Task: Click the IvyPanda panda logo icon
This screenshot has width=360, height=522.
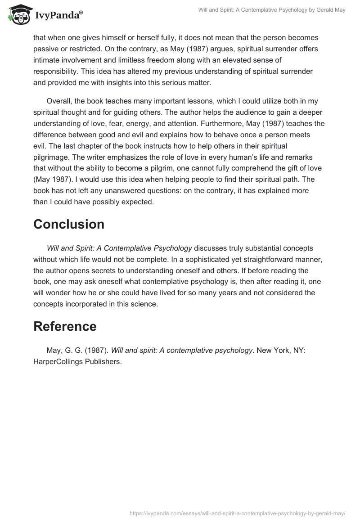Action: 17,15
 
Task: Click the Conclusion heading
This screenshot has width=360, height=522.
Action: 69,224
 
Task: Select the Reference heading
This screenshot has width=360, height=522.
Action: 65,326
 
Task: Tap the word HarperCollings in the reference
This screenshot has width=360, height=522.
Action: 58,361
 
